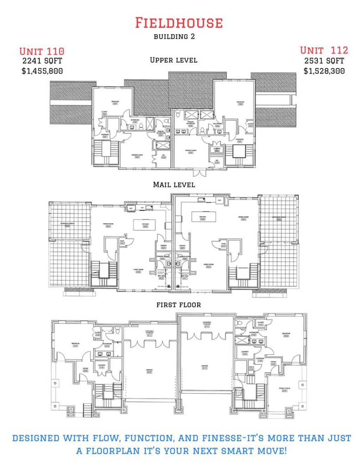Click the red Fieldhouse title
coord(179,23)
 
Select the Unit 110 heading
coord(42,51)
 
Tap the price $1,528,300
coord(324,71)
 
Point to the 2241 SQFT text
coord(42,61)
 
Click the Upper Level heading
coord(174,60)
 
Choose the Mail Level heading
coord(174,185)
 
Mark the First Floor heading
coord(179,305)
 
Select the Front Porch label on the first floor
coord(284,389)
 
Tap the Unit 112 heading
coord(324,50)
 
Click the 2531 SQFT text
coord(324,61)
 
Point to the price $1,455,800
coord(42,71)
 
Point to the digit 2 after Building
coord(193,37)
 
